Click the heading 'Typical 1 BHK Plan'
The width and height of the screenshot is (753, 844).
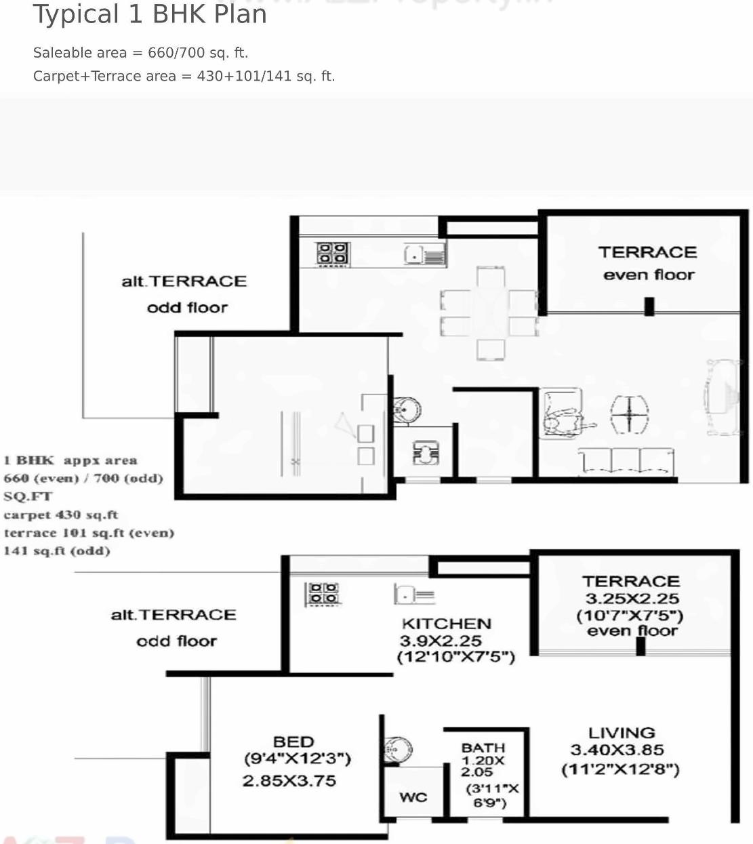coord(150,14)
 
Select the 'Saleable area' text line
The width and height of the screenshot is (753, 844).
coord(140,53)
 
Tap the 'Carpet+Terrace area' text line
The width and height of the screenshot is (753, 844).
coord(184,76)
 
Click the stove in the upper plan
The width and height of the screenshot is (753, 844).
coord(332,254)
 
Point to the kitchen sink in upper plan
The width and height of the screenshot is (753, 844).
coord(424,255)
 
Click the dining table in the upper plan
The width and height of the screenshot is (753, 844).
coord(489,313)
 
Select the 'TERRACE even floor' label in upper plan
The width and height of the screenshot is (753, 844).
coord(647,263)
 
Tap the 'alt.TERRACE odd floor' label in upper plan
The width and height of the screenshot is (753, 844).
coord(184,294)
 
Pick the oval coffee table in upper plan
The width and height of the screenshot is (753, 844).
coord(629,414)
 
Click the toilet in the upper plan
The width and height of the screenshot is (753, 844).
coord(426,452)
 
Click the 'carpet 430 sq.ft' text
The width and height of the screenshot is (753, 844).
coord(61,515)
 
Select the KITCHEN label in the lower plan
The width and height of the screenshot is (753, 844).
coord(446,624)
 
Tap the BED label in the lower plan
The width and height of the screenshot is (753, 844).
coord(293,742)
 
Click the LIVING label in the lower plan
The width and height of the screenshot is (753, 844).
coord(622,733)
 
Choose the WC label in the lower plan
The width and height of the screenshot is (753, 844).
coord(413,797)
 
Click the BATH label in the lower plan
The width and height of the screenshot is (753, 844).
coord(483,747)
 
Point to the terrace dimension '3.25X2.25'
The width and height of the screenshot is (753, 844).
coord(632,599)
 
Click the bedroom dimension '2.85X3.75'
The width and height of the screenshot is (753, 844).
coord(289,781)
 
